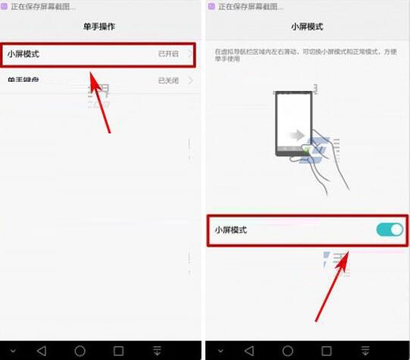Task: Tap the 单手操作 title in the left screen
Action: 99,27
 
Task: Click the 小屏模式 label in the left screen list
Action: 23,54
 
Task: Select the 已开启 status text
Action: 167,55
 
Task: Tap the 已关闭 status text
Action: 167,80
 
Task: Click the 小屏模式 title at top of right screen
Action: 306,27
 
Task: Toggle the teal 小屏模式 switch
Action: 390,230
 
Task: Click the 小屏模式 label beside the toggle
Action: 230,230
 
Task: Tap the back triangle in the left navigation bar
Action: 42,350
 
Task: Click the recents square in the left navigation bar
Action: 118,350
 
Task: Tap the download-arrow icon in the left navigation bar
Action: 157,350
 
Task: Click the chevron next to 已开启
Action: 189,55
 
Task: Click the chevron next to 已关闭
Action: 189,80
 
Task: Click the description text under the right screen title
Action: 306,55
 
